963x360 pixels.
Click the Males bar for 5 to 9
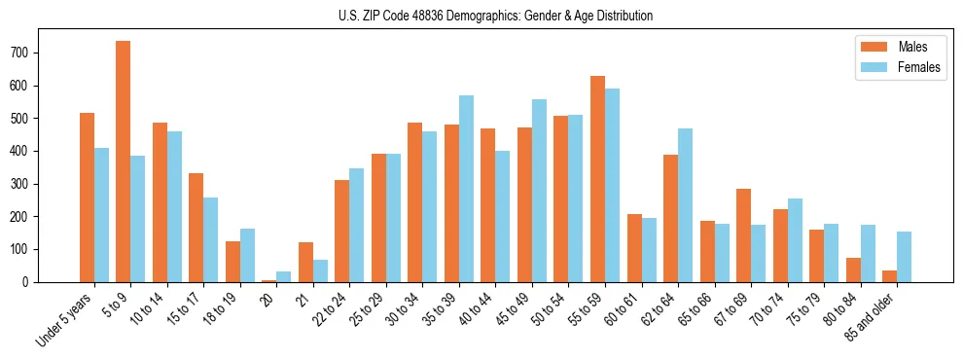pyautogui.click(x=124, y=162)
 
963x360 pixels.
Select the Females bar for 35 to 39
pyautogui.click(x=467, y=189)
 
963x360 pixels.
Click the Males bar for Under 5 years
pyautogui.click(x=87, y=198)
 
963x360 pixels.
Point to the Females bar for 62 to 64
pyautogui.click(x=686, y=205)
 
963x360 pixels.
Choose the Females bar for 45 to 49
pyautogui.click(x=540, y=191)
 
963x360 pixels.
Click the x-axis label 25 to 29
pyautogui.click(x=372, y=308)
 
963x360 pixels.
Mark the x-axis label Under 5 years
pyautogui.click(x=65, y=317)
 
